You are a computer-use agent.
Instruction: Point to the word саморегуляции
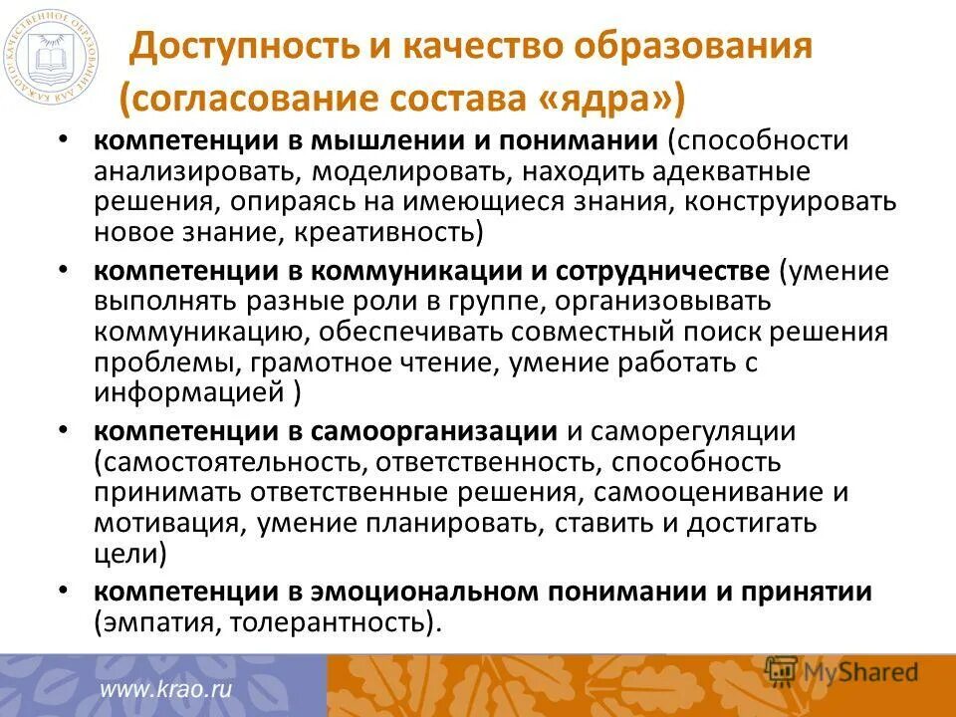[708, 431]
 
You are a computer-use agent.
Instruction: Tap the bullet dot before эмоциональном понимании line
[64, 592]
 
